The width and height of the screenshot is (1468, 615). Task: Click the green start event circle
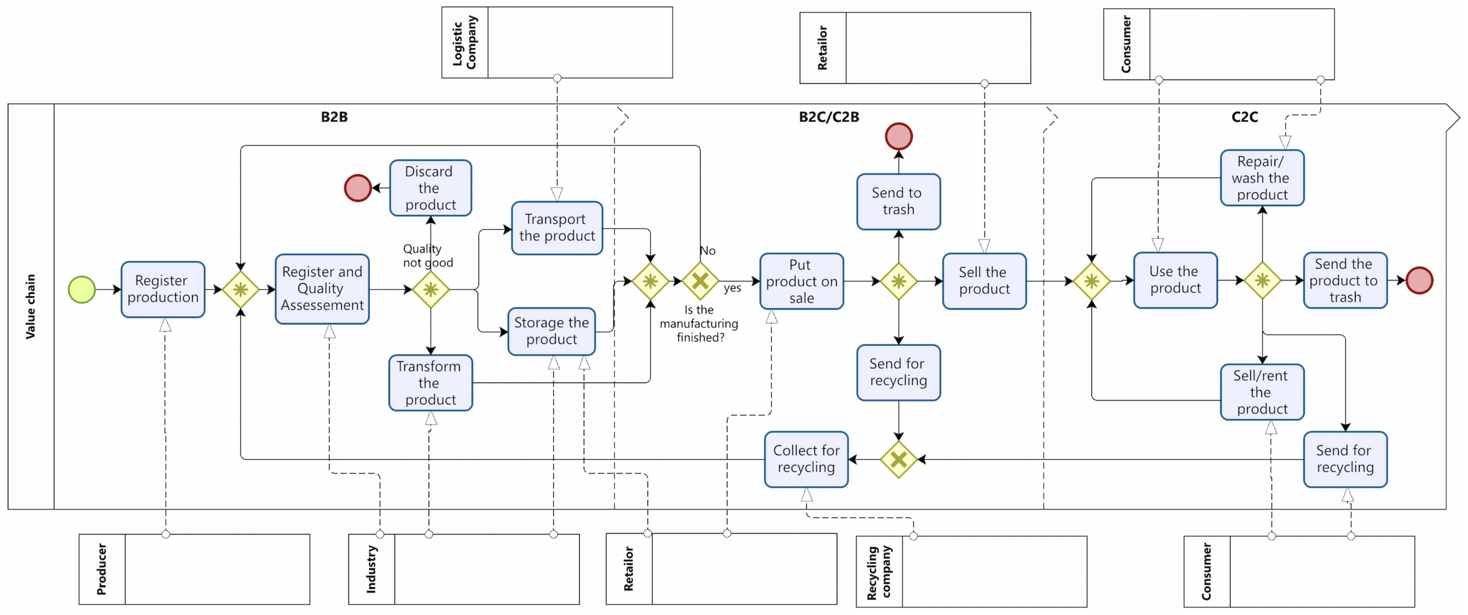81,290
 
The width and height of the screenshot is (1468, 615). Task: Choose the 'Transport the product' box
557,227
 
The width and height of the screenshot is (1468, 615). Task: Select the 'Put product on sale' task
801,281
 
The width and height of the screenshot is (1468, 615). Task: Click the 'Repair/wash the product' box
1262,178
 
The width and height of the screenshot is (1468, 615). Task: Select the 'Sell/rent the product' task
1262,392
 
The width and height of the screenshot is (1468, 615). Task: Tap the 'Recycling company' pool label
879,572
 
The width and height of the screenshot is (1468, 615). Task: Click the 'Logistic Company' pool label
464,42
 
